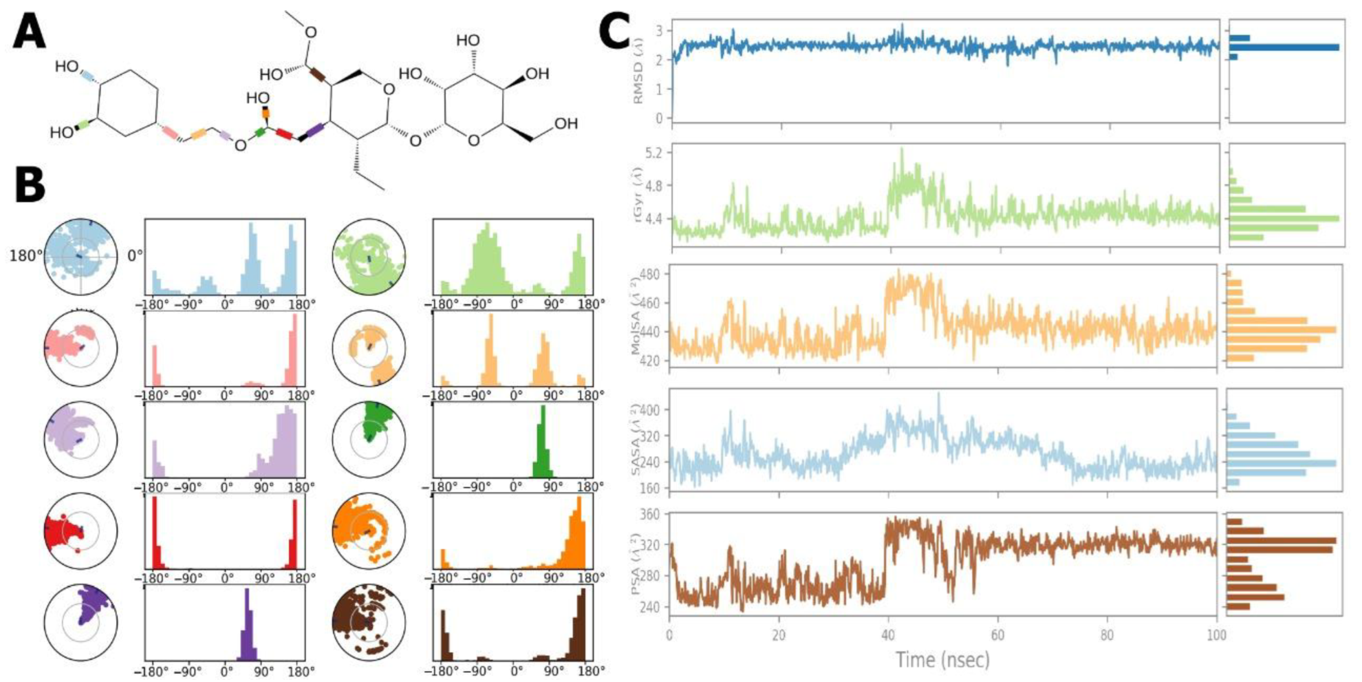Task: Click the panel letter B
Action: pos(30,186)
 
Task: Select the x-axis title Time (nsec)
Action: pos(942,659)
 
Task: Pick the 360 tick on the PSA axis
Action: pos(655,514)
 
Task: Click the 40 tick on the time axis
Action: pos(888,636)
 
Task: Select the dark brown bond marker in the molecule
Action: pos(318,74)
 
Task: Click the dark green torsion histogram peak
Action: pos(542,441)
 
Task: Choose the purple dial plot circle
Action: pos(81,623)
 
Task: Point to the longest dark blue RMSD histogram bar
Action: pos(1283,47)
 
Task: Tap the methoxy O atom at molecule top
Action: pos(311,32)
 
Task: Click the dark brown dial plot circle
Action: pos(368,623)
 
